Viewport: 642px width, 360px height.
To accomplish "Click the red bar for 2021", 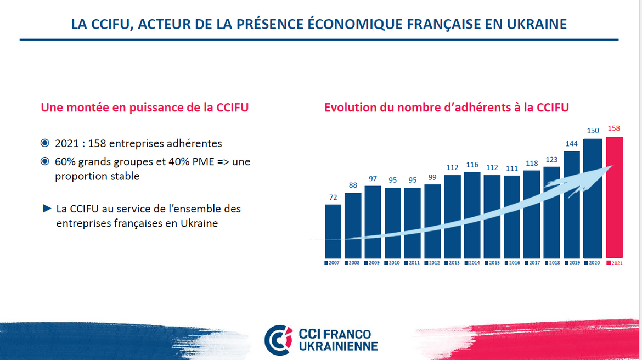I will (615, 198).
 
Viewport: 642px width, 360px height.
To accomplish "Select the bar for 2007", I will (333, 231).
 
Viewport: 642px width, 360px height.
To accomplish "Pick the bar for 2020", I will (593, 198).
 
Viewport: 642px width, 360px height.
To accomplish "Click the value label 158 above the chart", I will (615, 128).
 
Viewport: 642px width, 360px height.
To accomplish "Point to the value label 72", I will (333, 196).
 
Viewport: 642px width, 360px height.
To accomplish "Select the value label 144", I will (572, 143).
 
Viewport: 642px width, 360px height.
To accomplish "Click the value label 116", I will (472, 164).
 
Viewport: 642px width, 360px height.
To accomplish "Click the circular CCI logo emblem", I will (278, 340).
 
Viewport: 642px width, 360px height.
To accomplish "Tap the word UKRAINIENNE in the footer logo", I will (338, 346).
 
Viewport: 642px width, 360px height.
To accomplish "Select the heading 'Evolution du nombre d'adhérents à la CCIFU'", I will (446, 108).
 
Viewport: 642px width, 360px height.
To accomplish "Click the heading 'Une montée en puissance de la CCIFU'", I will (145, 108).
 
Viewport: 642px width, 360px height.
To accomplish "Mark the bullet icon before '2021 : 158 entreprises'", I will (45, 144).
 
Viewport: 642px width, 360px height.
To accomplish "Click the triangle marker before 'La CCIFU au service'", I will (47, 209).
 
